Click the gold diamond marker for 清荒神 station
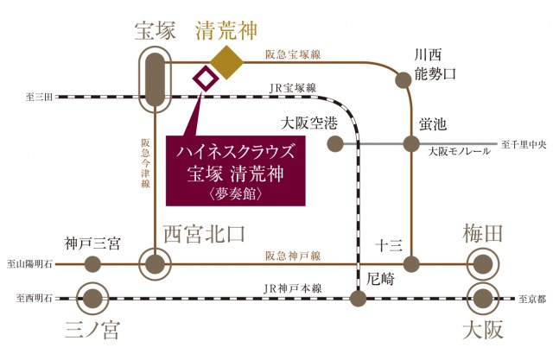(x=228, y=61)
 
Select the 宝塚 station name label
(x=156, y=32)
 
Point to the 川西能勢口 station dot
(x=403, y=80)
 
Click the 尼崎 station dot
(x=359, y=299)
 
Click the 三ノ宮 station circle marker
(x=91, y=299)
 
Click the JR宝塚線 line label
(x=292, y=87)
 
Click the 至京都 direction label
(x=532, y=299)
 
